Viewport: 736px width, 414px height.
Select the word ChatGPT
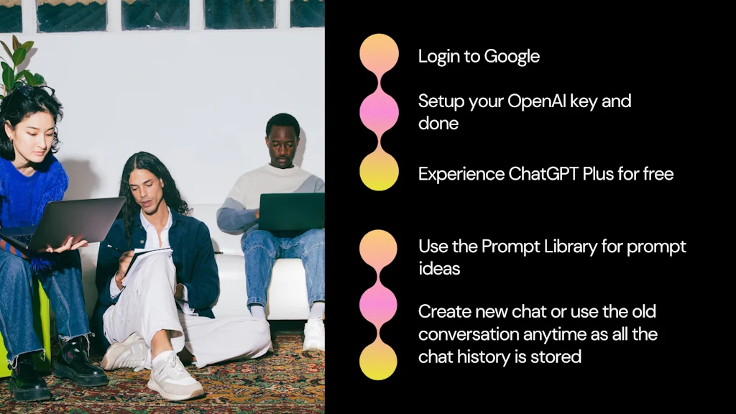click(x=548, y=174)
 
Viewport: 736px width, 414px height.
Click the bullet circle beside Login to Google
click(x=379, y=54)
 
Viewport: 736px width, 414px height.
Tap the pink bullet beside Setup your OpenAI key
click(x=379, y=112)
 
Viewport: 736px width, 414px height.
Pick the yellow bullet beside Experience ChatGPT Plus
click(x=379, y=171)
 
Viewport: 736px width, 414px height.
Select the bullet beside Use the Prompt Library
click(x=378, y=249)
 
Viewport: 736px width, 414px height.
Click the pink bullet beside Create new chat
click(x=378, y=304)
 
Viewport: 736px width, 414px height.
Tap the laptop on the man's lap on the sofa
click(x=290, y=211)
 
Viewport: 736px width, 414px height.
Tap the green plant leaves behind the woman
click(x=16, y=68)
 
